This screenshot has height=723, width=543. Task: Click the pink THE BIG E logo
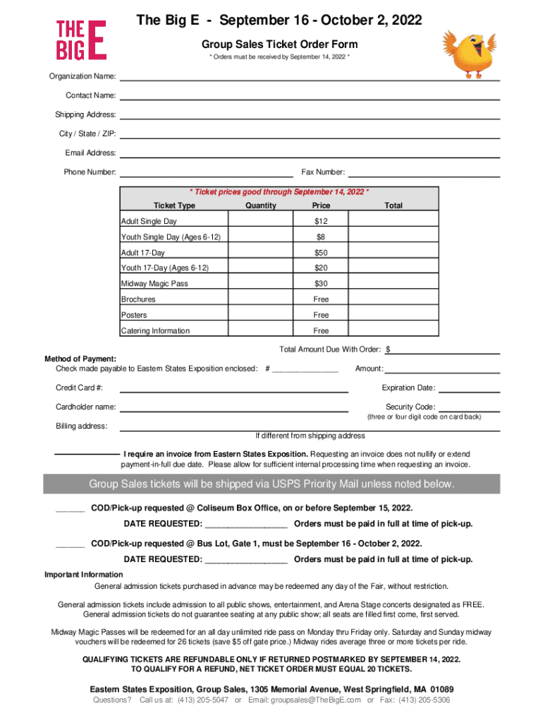pyautogui.click(x=81, y=39)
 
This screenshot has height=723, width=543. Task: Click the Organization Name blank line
pyautogui.click(x=310, y=78)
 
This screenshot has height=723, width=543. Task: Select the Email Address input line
pyautogui.click(x=310, y=155)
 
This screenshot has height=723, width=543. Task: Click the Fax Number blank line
pyautogui.click(x=425, y=174)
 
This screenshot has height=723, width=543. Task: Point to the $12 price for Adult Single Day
pyautogui.click(x=321, y=222)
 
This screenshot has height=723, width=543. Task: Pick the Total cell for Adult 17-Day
pyautogui.click(x=393, y=253)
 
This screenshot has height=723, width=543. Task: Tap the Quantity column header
pyautogui.click(x=260, y=205)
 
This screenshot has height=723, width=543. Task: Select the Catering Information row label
pyautogui.click(x=155, y=330)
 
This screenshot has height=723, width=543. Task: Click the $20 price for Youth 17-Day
pyautogui.click(x=321, y=268)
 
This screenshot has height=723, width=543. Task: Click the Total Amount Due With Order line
pyautogui.click(x=446, y=351)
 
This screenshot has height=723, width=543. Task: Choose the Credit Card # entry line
pyautogui.click(x=234, y=389)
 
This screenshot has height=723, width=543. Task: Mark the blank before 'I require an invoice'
pyautogui.click(x=87, y=454)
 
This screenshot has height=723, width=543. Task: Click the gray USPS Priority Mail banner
pyautogui.click(x=271, y=484)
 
